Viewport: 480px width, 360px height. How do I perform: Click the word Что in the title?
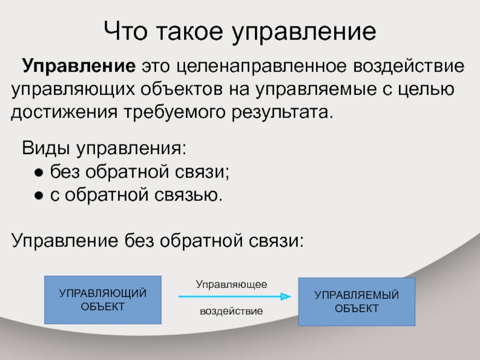coord(125,31)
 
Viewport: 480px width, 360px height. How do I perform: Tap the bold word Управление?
coord(79,66)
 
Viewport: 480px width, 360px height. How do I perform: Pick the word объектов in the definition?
coord(182,89)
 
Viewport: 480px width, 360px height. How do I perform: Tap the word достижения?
coord(64,113)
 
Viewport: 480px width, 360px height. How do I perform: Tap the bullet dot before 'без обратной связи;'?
coord(39,173)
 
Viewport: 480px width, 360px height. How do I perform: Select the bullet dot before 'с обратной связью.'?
coord(39,196)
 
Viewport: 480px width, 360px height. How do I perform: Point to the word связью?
coord(188,195)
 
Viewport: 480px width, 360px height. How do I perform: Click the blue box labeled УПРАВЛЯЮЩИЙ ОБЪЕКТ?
coord(103,300)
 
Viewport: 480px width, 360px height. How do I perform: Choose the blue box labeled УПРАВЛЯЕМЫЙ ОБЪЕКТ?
coord(356,302)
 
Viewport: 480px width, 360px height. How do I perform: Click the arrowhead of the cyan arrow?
coord(286,296)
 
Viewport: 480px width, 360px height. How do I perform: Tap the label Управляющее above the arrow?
coord(232,284)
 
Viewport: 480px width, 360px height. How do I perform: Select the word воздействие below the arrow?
coord(232,311)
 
